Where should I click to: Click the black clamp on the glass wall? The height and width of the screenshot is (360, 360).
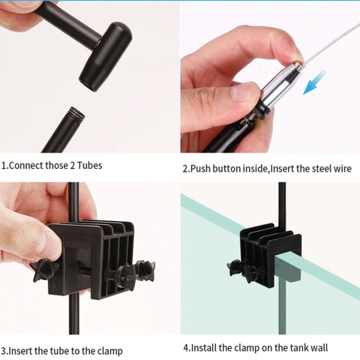click(x=267, y=251)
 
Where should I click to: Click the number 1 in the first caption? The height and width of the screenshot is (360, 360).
click(x=4, y=165)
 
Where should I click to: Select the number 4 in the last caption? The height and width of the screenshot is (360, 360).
click(x=186, y=348)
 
